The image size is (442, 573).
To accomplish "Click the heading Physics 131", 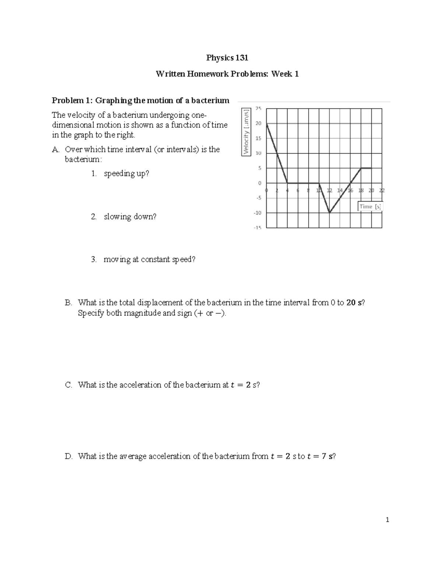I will pyautogui.click(x=227, y=58).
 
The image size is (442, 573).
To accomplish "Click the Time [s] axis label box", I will pyautogui.click(x=370, y=207).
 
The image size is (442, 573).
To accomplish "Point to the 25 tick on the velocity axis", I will pyautogui.click(x=258, y=108).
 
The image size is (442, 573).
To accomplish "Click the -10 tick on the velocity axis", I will pyautogui.click(x=257, y=213).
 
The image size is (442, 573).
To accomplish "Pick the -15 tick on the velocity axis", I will pyautogui.click(x=257, y=228).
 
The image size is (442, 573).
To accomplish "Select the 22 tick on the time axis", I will pyautogui.click(x=382, y=190).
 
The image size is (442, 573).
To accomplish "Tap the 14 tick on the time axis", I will pyautogui.click(x=340, y=190).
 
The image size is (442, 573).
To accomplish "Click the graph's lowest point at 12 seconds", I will pyautogui.click(x=329, y=213).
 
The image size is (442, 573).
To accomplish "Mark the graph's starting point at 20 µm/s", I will pyautogui.click(x=266, y=124).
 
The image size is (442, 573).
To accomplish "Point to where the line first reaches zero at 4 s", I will pyautogui.click(x=287, y=183).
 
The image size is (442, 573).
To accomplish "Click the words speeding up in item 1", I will pyautogui.click(x=126, y=173).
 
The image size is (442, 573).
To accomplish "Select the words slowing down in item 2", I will pyautogui.click(x=130, y=217).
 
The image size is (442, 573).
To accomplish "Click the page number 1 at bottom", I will pyautogui.click(x=387, y=520).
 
